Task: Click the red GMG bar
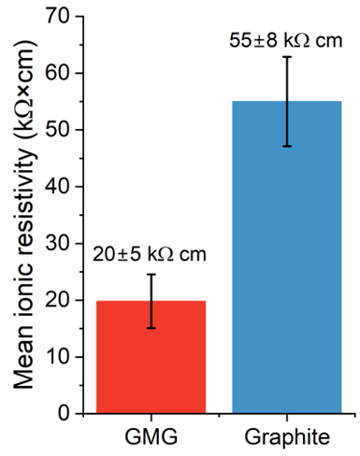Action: coord(151,357)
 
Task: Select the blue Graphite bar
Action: coord(287,257)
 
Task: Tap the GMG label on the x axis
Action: coord(151,436)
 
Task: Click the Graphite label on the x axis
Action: coord(287,438)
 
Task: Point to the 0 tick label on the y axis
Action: coord(65,414)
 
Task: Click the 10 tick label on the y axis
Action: coord(58,357)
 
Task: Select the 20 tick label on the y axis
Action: coord(58,300)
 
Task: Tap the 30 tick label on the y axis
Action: coord(58,244)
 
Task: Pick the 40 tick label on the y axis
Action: coord(58,187)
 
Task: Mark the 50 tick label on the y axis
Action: coord(58,130)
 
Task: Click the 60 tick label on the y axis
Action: coord(58,74)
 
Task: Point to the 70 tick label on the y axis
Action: coord(58,16)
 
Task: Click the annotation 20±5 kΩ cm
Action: coord(150,254)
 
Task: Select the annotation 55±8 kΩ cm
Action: coord(286,41)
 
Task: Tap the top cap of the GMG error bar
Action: coord(151,275)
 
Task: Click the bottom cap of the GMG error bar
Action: coord(151,328)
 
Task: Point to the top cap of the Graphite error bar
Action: coord(287,57)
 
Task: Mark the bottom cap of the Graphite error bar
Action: coord(287,146)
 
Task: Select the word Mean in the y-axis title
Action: coord(23,358)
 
